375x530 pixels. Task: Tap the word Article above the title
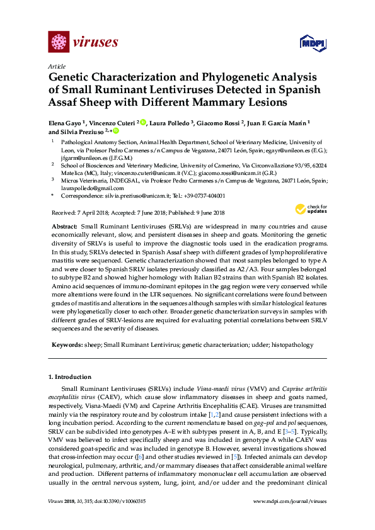(x=57, y=66)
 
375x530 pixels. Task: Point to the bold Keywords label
(x=66, y=345)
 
